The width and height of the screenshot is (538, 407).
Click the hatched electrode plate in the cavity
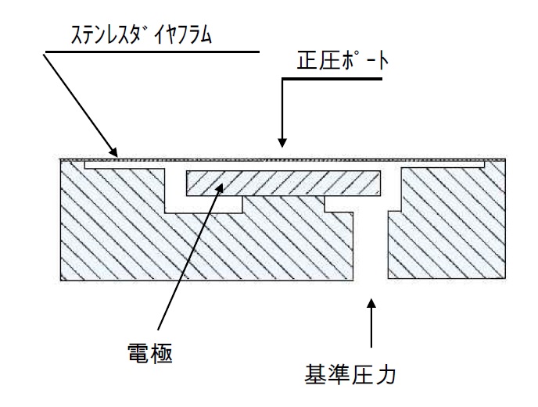point(282,182)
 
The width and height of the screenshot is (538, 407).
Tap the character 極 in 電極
point(167,351)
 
